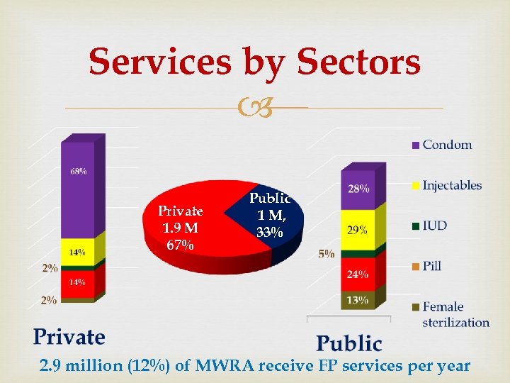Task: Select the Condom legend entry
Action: point(446,145)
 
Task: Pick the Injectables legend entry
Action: point(451,186)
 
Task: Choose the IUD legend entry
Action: point(434,226)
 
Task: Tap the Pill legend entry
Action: point(431,266)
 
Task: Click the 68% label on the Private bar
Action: point(79,171)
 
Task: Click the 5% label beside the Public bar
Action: point(327,253)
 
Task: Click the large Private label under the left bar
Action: point(69,336)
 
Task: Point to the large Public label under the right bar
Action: point(348,343)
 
